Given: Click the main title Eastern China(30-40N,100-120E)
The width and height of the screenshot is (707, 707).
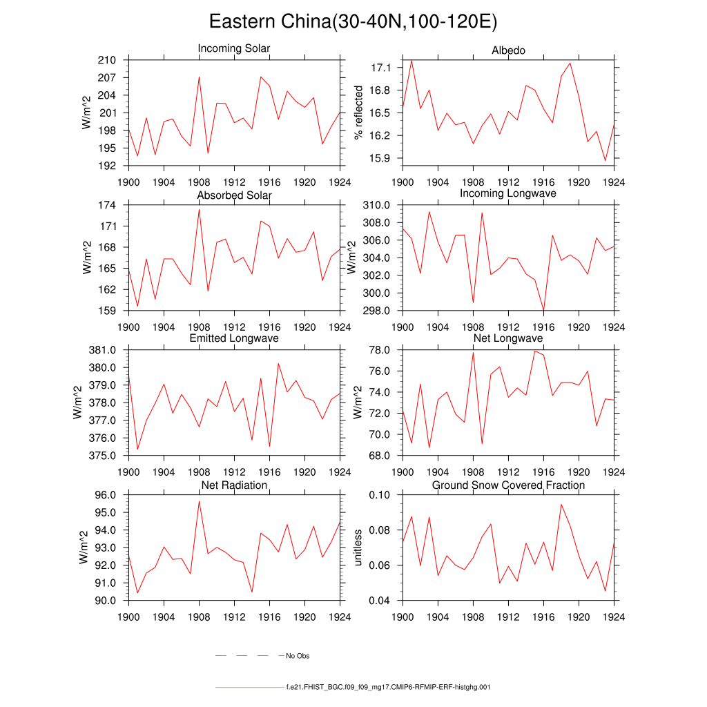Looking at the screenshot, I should coord(353,21).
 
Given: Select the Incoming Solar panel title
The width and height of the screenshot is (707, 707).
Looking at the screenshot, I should coord(234,49).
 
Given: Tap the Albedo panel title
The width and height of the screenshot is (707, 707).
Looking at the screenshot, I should coord(508,51).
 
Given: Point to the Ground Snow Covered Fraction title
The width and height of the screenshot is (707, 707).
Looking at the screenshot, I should coord(508,485).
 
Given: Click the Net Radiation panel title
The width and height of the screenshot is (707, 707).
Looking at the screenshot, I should coord(234,485).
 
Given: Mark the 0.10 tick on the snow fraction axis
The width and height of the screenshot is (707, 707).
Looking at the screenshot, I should coord(379,495).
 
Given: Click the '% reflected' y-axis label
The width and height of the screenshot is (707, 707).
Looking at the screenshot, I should coord(358,113).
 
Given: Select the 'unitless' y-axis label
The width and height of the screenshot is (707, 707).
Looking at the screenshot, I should coord(358,548).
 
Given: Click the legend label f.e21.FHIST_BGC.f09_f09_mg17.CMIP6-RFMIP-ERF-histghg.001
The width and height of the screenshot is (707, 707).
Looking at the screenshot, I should coord(387,688).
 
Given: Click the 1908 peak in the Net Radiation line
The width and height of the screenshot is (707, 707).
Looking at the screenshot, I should coord(199,501).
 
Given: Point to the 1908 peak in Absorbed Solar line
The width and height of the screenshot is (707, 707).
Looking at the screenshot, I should coord(199,209).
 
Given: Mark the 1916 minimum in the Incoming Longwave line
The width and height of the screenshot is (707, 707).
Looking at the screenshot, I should coord(543,310).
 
